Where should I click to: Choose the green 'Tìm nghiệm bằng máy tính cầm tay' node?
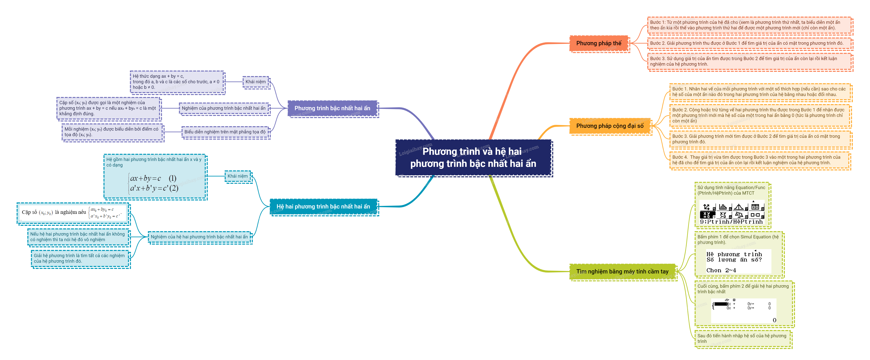622,272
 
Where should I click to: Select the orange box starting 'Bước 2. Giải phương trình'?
746,43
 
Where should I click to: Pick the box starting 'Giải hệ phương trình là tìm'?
79,258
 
